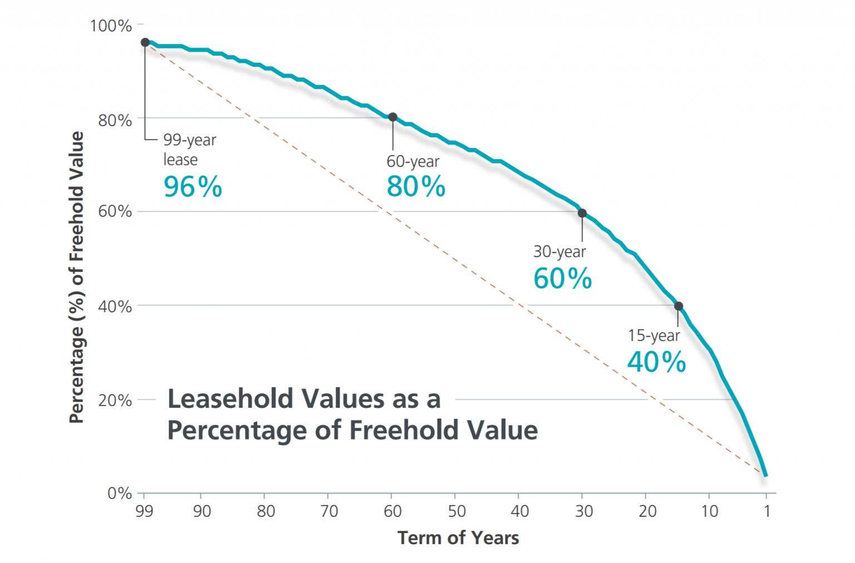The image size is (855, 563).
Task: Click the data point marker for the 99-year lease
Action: pyautogui.click(x=145, y=42)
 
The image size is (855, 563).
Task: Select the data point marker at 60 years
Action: pyautogui.click(x=392, y=117)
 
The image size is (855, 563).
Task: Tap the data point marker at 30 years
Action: pyautogui.click(x=582, y=213)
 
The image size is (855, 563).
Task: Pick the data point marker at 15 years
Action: pyautogui.click(x=679, y=306)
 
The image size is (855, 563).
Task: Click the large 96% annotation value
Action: pyautogui.click(x=193, y=187)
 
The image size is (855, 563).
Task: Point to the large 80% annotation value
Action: pyautogui.click(x=416, y=186)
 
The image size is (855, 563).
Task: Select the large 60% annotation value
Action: pyautogui.click(x=562, y=279)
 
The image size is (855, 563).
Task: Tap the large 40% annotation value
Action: pyautogui.click(x=656, y=362)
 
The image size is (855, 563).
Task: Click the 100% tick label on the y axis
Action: pyautogui.click(x=111, y=26)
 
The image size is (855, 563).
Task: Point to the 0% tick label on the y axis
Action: pyautogui.click(x=119, y=493)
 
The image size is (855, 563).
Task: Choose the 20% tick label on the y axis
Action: pyautogui.click(x=115, y=401)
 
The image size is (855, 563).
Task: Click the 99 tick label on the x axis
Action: pyautogui.click(x=144, y=511)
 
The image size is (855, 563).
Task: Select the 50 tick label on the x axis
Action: pyautogui.click(x=456, y=511)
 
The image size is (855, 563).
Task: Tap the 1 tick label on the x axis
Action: pyautogui.click(x=767, y=511)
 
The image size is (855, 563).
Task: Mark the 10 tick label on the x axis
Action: pyautogui.click(x=709, y=511)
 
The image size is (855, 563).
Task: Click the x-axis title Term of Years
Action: pyautogui.click(x=458, y=538)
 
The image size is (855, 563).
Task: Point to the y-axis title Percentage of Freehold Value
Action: pyautogui.click(x=76, y=277)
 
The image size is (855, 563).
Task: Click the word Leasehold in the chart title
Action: pyautogui.click(x=230, y=399)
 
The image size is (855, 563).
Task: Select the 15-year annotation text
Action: pyautogui.click(x=653, y=335)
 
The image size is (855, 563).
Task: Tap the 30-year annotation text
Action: pyautogui.click(x=559, y=251)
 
